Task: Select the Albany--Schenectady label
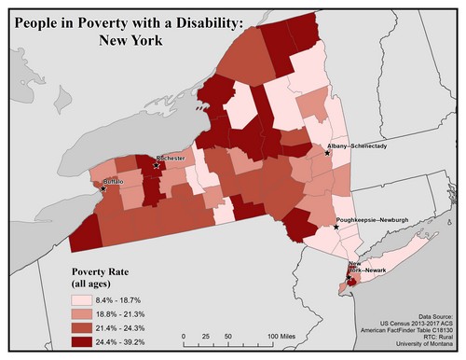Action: (363, 146)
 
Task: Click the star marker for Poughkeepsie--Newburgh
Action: (336, 226)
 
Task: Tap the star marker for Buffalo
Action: (103, 189)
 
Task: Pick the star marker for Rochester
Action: (156, 165)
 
